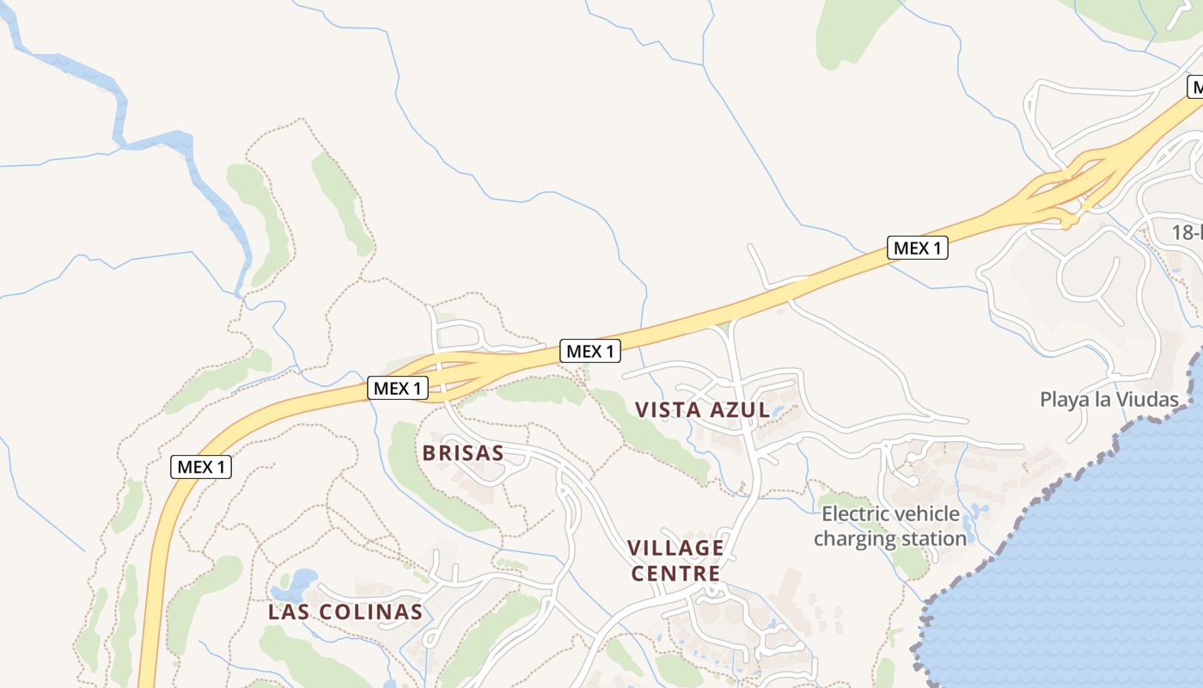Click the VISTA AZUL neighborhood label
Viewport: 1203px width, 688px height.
coord(702,409)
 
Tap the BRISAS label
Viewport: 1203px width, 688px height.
coord(462,453)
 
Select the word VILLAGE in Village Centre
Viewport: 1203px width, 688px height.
coord(675,548)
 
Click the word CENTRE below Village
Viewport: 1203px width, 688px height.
coord(675,573)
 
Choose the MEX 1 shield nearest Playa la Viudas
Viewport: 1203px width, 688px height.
coord(918,249)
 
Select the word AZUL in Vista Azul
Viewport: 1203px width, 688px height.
coord(740,409)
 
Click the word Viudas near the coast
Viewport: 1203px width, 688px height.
coord(1151,399)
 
